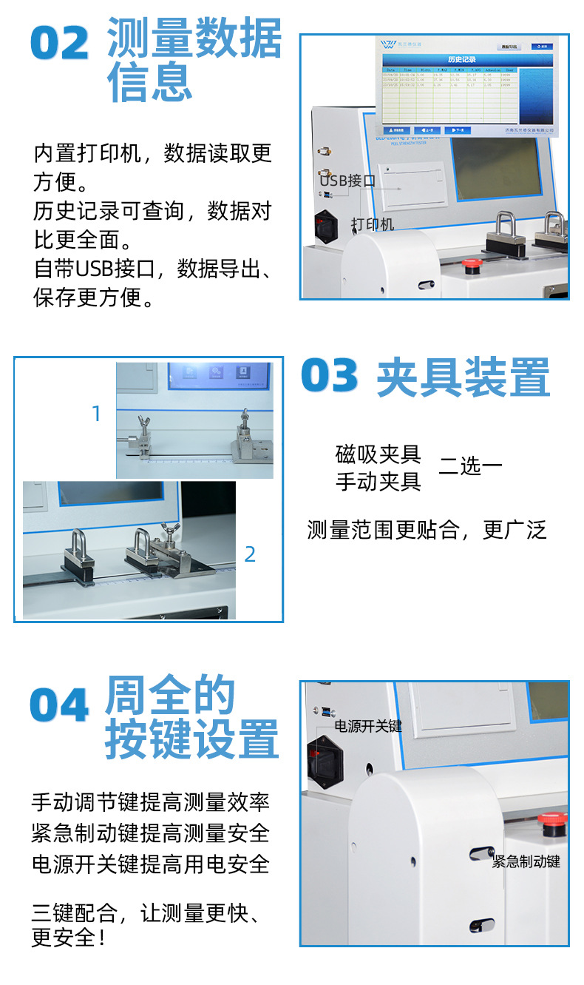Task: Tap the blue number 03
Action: [x=330, y=376]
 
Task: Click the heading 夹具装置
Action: [x=464, y=377]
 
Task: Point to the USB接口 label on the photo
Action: [x=347, y=181]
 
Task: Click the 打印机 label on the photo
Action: [x=373, y=224]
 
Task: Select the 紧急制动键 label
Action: [x=526, y=861]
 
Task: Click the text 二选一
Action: [x=471, y=466]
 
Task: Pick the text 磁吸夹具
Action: [x=378, y=453]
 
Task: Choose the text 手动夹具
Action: [x=378, y=482]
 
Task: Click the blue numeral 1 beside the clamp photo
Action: [x=96, y=414]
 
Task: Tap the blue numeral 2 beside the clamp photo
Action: [x=250, y=554]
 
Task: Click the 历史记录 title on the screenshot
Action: [x=462, y=59]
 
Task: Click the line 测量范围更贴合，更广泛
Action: [x=427, y=530]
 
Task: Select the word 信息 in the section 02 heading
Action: [x=150, y=81]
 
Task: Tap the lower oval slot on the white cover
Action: [x=482, y=924]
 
